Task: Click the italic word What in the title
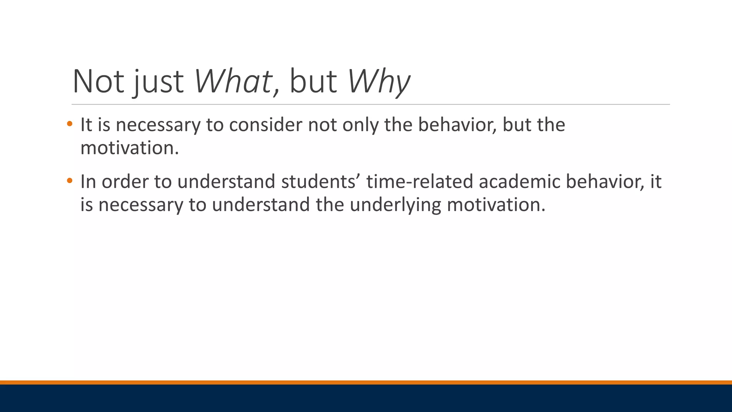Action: coord(233,82)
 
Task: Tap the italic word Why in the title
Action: coord(379,82)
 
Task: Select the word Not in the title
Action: coord(98,82)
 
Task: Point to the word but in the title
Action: coord(312,82)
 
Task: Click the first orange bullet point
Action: coord(69,124)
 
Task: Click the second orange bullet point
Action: coord(69,181)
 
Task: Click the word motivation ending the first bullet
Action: coord(129,148)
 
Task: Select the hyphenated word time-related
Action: coord(420,181)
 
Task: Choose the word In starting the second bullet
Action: coord(88,181)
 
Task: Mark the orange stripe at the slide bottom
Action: coord(366,382)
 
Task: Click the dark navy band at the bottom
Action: coord(366,398)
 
